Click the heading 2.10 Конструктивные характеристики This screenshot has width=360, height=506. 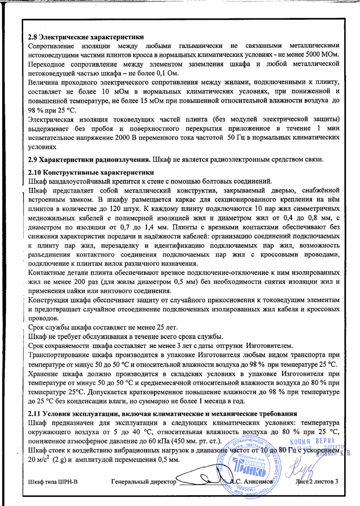coord(91,172)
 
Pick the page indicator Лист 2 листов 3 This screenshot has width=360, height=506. coord(317,482)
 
